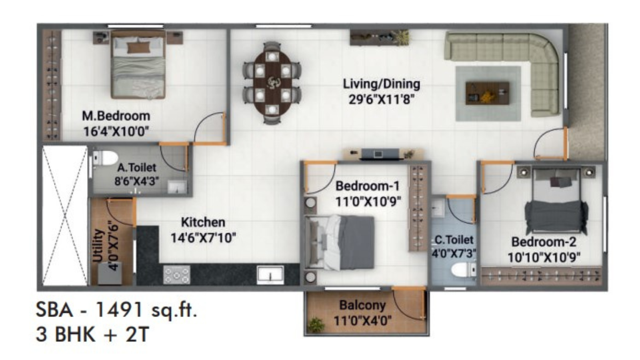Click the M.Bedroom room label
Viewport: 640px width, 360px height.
tap(116, 116)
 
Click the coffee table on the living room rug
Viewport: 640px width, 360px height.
tap(487, 93)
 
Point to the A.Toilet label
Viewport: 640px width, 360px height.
tap(136, 167)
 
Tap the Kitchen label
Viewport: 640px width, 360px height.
tap(203, 222)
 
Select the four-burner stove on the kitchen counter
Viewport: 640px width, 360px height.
tap(176, 274)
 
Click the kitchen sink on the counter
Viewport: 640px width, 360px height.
tap(270, 274)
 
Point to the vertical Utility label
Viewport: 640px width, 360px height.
tap(98, 245)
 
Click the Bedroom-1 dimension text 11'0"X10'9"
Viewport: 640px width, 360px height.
tap(368, 201)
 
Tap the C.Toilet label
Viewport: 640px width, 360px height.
tap(454, 240)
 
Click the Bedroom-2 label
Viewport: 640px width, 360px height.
tap(544, 242)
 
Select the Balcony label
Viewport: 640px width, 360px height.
tap(362, 305)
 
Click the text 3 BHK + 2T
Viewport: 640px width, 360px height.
tap(92, 334)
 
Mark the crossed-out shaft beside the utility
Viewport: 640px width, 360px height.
tap(64, 216)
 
